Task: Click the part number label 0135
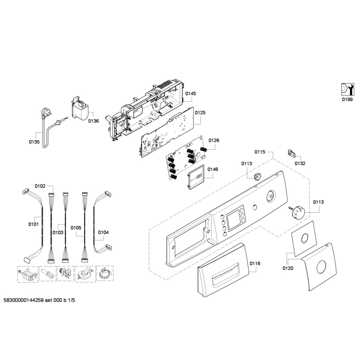34,142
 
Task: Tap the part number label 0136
94,121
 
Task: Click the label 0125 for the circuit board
200,113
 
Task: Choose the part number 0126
214,140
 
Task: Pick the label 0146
213,169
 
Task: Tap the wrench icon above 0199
347,89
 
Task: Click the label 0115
260,152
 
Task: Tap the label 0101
33,224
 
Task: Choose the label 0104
103,232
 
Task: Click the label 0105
76,228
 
